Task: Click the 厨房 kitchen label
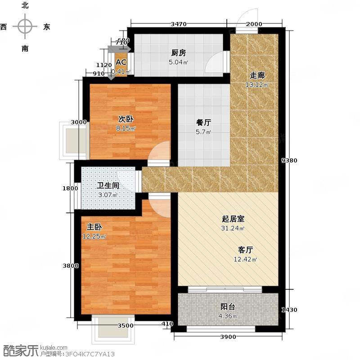(178, 53)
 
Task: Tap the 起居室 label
(233, 219)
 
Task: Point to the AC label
(121, 63)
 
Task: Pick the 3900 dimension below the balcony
(229, 337)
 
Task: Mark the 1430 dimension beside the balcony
(289, 310)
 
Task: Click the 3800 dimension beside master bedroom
(71, 265)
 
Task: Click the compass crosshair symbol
(25, 27)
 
